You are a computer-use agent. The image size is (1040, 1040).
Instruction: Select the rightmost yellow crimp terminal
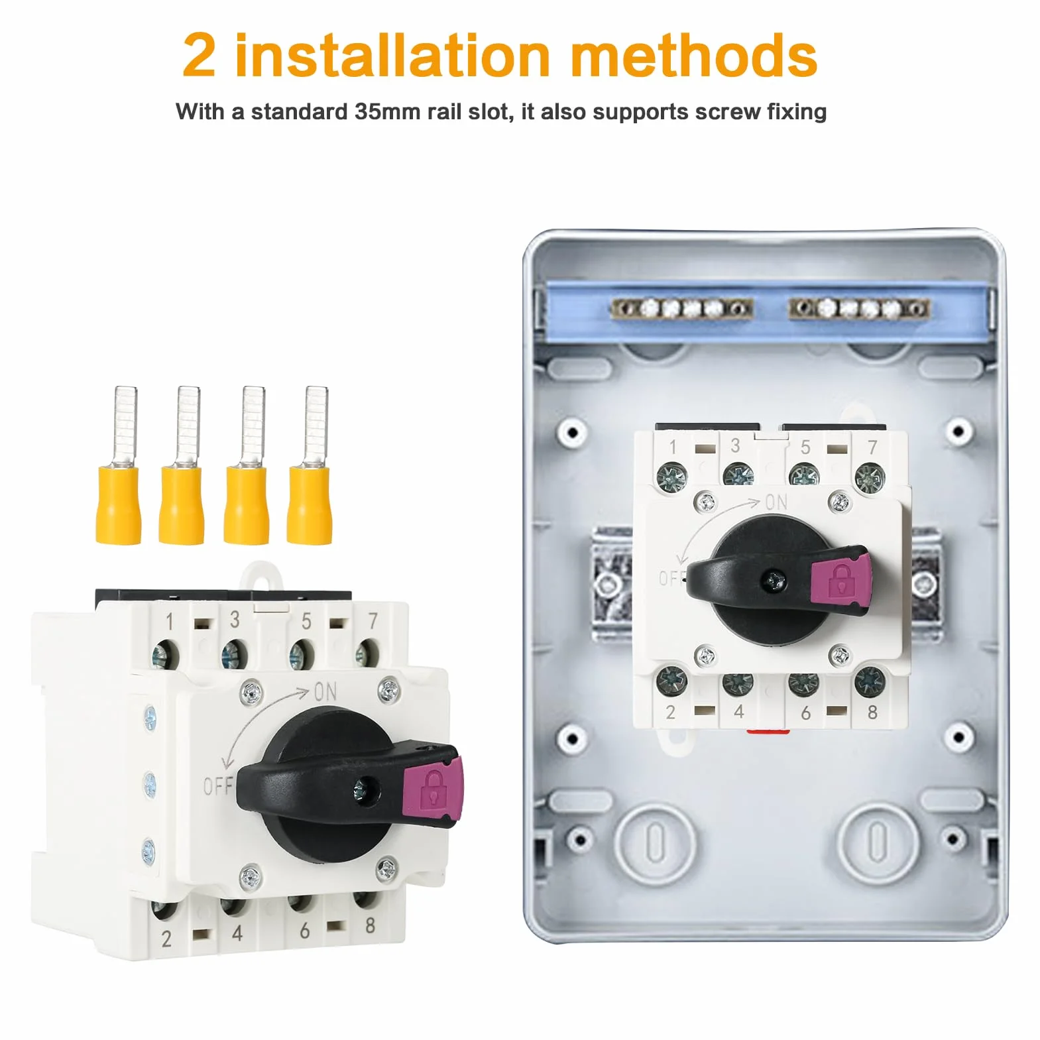(310, 465)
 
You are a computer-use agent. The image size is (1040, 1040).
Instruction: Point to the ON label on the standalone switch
(325, 692)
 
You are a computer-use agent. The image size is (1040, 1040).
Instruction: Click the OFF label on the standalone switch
(217, 787)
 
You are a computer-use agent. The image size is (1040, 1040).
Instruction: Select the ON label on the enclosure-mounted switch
(776, 503)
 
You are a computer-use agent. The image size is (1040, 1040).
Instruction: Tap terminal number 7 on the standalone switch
(373, 621)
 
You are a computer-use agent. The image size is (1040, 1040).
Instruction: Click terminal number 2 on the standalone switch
(166, 939)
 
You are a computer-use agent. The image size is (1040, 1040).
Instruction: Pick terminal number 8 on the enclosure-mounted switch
(872, 713)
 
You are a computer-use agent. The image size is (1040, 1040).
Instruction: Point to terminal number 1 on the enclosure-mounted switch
(672, 447)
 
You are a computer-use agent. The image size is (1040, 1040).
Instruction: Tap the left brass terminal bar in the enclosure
(682, 308)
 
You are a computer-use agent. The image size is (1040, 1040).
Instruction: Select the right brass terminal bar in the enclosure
(858, 308)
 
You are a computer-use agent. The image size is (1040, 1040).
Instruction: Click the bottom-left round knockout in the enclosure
(655, 842)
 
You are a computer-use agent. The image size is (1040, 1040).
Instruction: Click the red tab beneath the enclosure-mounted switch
(768, 732)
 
